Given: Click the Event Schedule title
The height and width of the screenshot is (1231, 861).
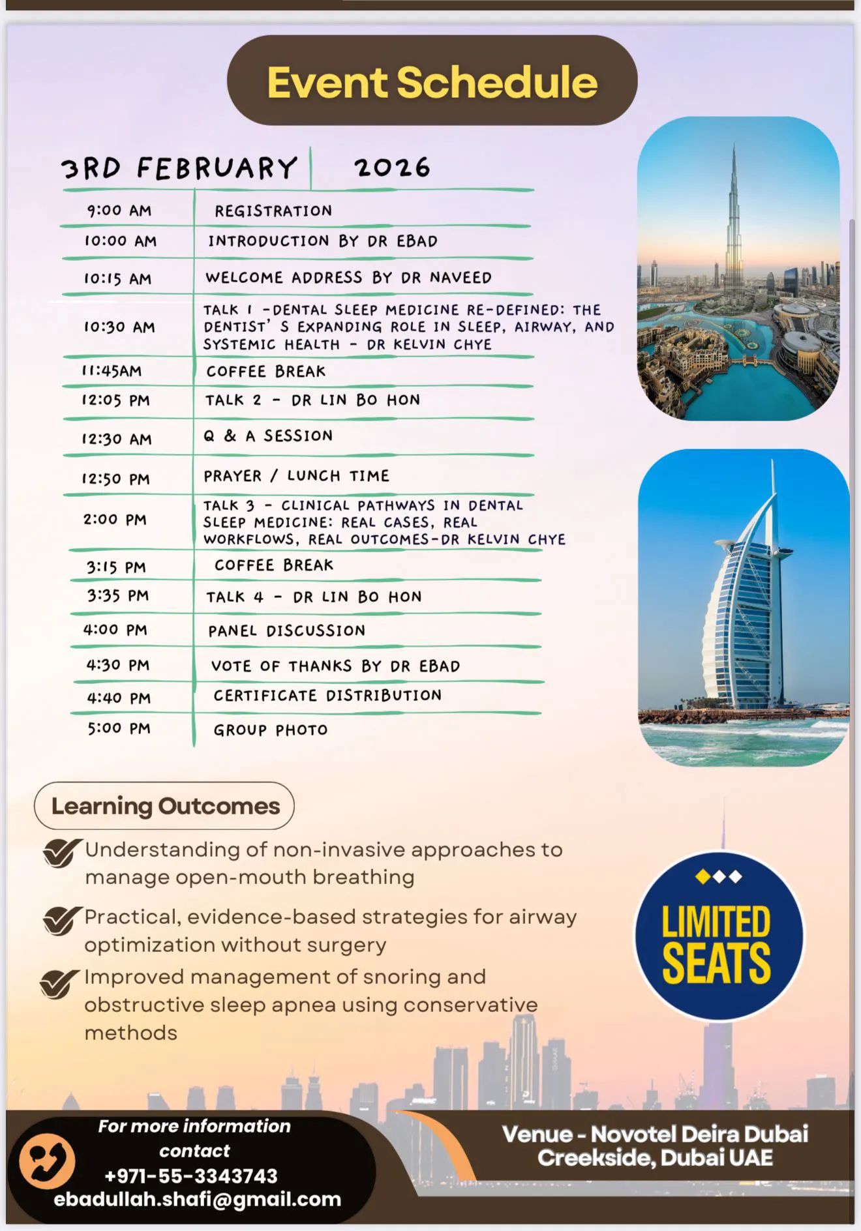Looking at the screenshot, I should [x=432, y=82].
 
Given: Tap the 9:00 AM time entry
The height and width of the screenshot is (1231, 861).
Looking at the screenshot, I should [x=119, y=211].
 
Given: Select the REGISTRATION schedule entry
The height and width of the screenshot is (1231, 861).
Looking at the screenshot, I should [x=273, y=211].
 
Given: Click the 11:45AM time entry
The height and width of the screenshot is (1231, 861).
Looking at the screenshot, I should [x=112, y=371].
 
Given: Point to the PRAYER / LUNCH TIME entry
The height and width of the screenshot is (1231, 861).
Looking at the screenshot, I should [x=296, y=476].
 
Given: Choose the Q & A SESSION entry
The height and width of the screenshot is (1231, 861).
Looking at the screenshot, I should [x=268, y=436].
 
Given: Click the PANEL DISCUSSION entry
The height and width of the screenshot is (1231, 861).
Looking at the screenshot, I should [x=286, y=630].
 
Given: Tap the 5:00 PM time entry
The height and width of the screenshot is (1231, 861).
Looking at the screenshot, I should [x=119, y=728].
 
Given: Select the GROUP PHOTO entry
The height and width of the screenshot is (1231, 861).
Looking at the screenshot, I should [x=270, y=730].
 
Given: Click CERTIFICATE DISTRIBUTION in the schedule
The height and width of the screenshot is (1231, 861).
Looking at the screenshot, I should [x=327, y=696].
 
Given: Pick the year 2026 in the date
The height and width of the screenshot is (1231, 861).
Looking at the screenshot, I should [x=392, y=168].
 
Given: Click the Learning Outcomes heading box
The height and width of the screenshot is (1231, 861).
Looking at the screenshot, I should [x=164, y=806].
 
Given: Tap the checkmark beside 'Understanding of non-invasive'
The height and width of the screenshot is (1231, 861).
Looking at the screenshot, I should [x=61, y=853].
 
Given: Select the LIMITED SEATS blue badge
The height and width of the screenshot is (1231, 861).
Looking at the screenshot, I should [x=719, y=936].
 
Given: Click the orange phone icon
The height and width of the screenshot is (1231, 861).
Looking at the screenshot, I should [x=46, y=1161].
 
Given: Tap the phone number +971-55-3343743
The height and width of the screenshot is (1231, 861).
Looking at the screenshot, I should [x=191, y=1176].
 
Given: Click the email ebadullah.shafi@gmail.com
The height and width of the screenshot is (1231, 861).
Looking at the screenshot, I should [x=197, y=1199].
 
